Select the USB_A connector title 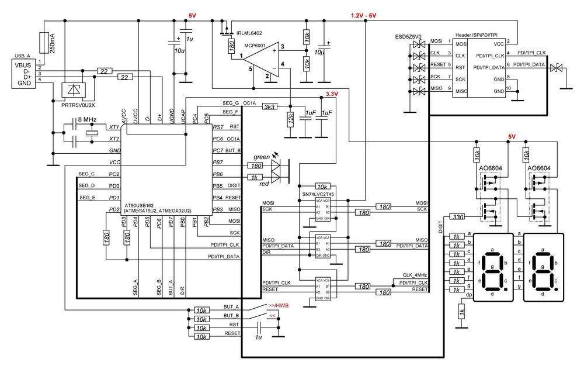click(x=22, y=57)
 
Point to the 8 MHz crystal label click(x=86, y=119)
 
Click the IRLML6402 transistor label click(x=249, y=33)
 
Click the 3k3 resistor click(x=270, y=107)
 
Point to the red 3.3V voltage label click(x=332, y=94)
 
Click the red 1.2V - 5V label click(x=363, y=15)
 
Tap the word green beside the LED click(x=261, y=157)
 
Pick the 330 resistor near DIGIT click(x=458, y=217)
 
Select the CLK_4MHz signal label click(x=415, y=274)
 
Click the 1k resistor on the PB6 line click(x=254, y=177)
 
